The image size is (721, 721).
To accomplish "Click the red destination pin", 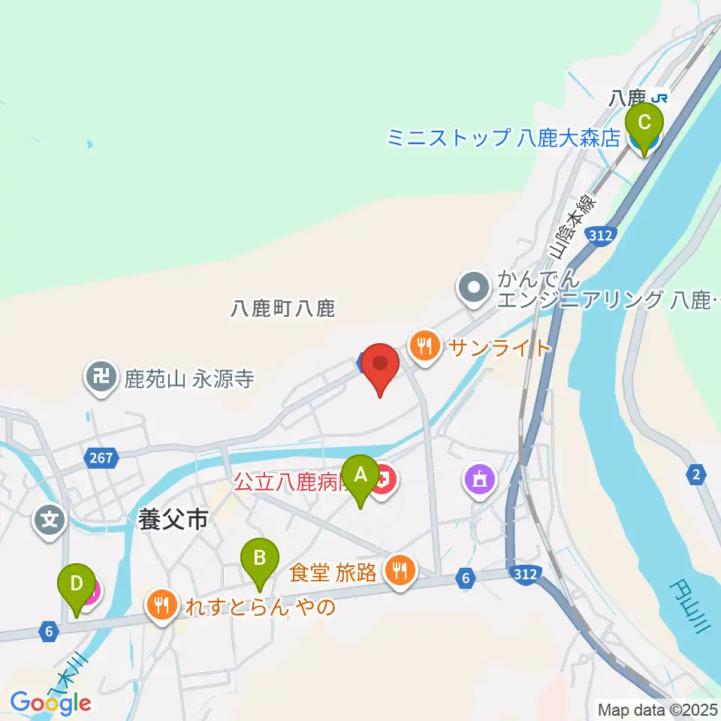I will (x=381, y=367).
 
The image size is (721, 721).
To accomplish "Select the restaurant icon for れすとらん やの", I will (x=161, y=604).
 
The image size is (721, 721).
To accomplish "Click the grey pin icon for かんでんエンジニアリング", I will (x=474, y=288).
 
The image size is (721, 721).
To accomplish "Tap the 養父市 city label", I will (x=172, y=520).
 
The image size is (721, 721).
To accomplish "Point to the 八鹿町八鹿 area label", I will (x=282, y=308).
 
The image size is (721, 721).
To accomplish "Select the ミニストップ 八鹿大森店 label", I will (x=504, y=137).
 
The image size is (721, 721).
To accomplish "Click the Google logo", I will (x=51, y=703).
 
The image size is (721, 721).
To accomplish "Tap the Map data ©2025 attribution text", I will (x=657, y=709).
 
